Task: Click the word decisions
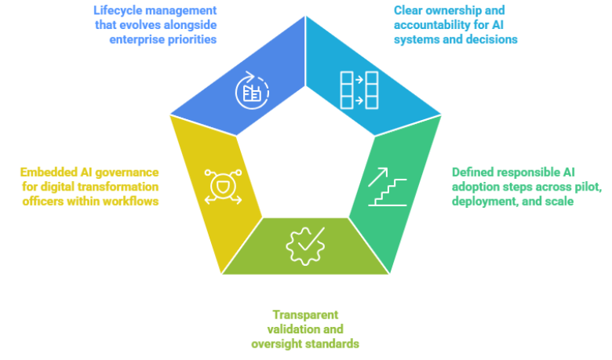(491, 40)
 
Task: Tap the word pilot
(588, 187)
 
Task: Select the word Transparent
(305, 315)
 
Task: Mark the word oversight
(276, 344)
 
